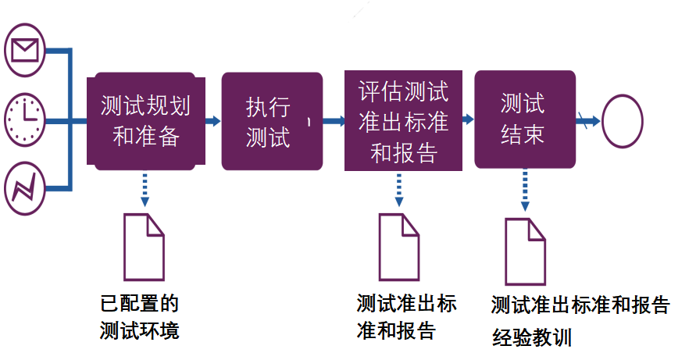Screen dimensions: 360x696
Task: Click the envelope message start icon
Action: tap(25, 51)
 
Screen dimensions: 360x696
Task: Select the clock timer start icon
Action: tap(25, 120)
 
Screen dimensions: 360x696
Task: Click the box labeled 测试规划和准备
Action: tap(146, 121)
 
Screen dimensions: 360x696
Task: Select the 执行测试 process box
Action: tap(271, 121)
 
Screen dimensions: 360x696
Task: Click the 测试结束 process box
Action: tap(524, 119)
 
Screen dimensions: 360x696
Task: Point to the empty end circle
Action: tap(622, 121)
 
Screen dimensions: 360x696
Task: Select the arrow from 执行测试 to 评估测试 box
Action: tap(334, 121)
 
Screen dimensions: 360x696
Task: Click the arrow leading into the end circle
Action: tap(588, 121)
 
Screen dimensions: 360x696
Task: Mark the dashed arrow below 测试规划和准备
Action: tap(145, 187)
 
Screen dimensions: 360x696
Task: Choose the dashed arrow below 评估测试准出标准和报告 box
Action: tap(399, 187)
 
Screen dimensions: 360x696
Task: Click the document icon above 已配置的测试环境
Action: tap(145, 246)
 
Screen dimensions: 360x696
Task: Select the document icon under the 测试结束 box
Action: tap(525, 251)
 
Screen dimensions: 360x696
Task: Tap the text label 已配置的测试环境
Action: tap(140, 316)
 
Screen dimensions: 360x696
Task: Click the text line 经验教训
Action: tap(532, 337)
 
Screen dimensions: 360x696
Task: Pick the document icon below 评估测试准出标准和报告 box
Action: tap(399, 245)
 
